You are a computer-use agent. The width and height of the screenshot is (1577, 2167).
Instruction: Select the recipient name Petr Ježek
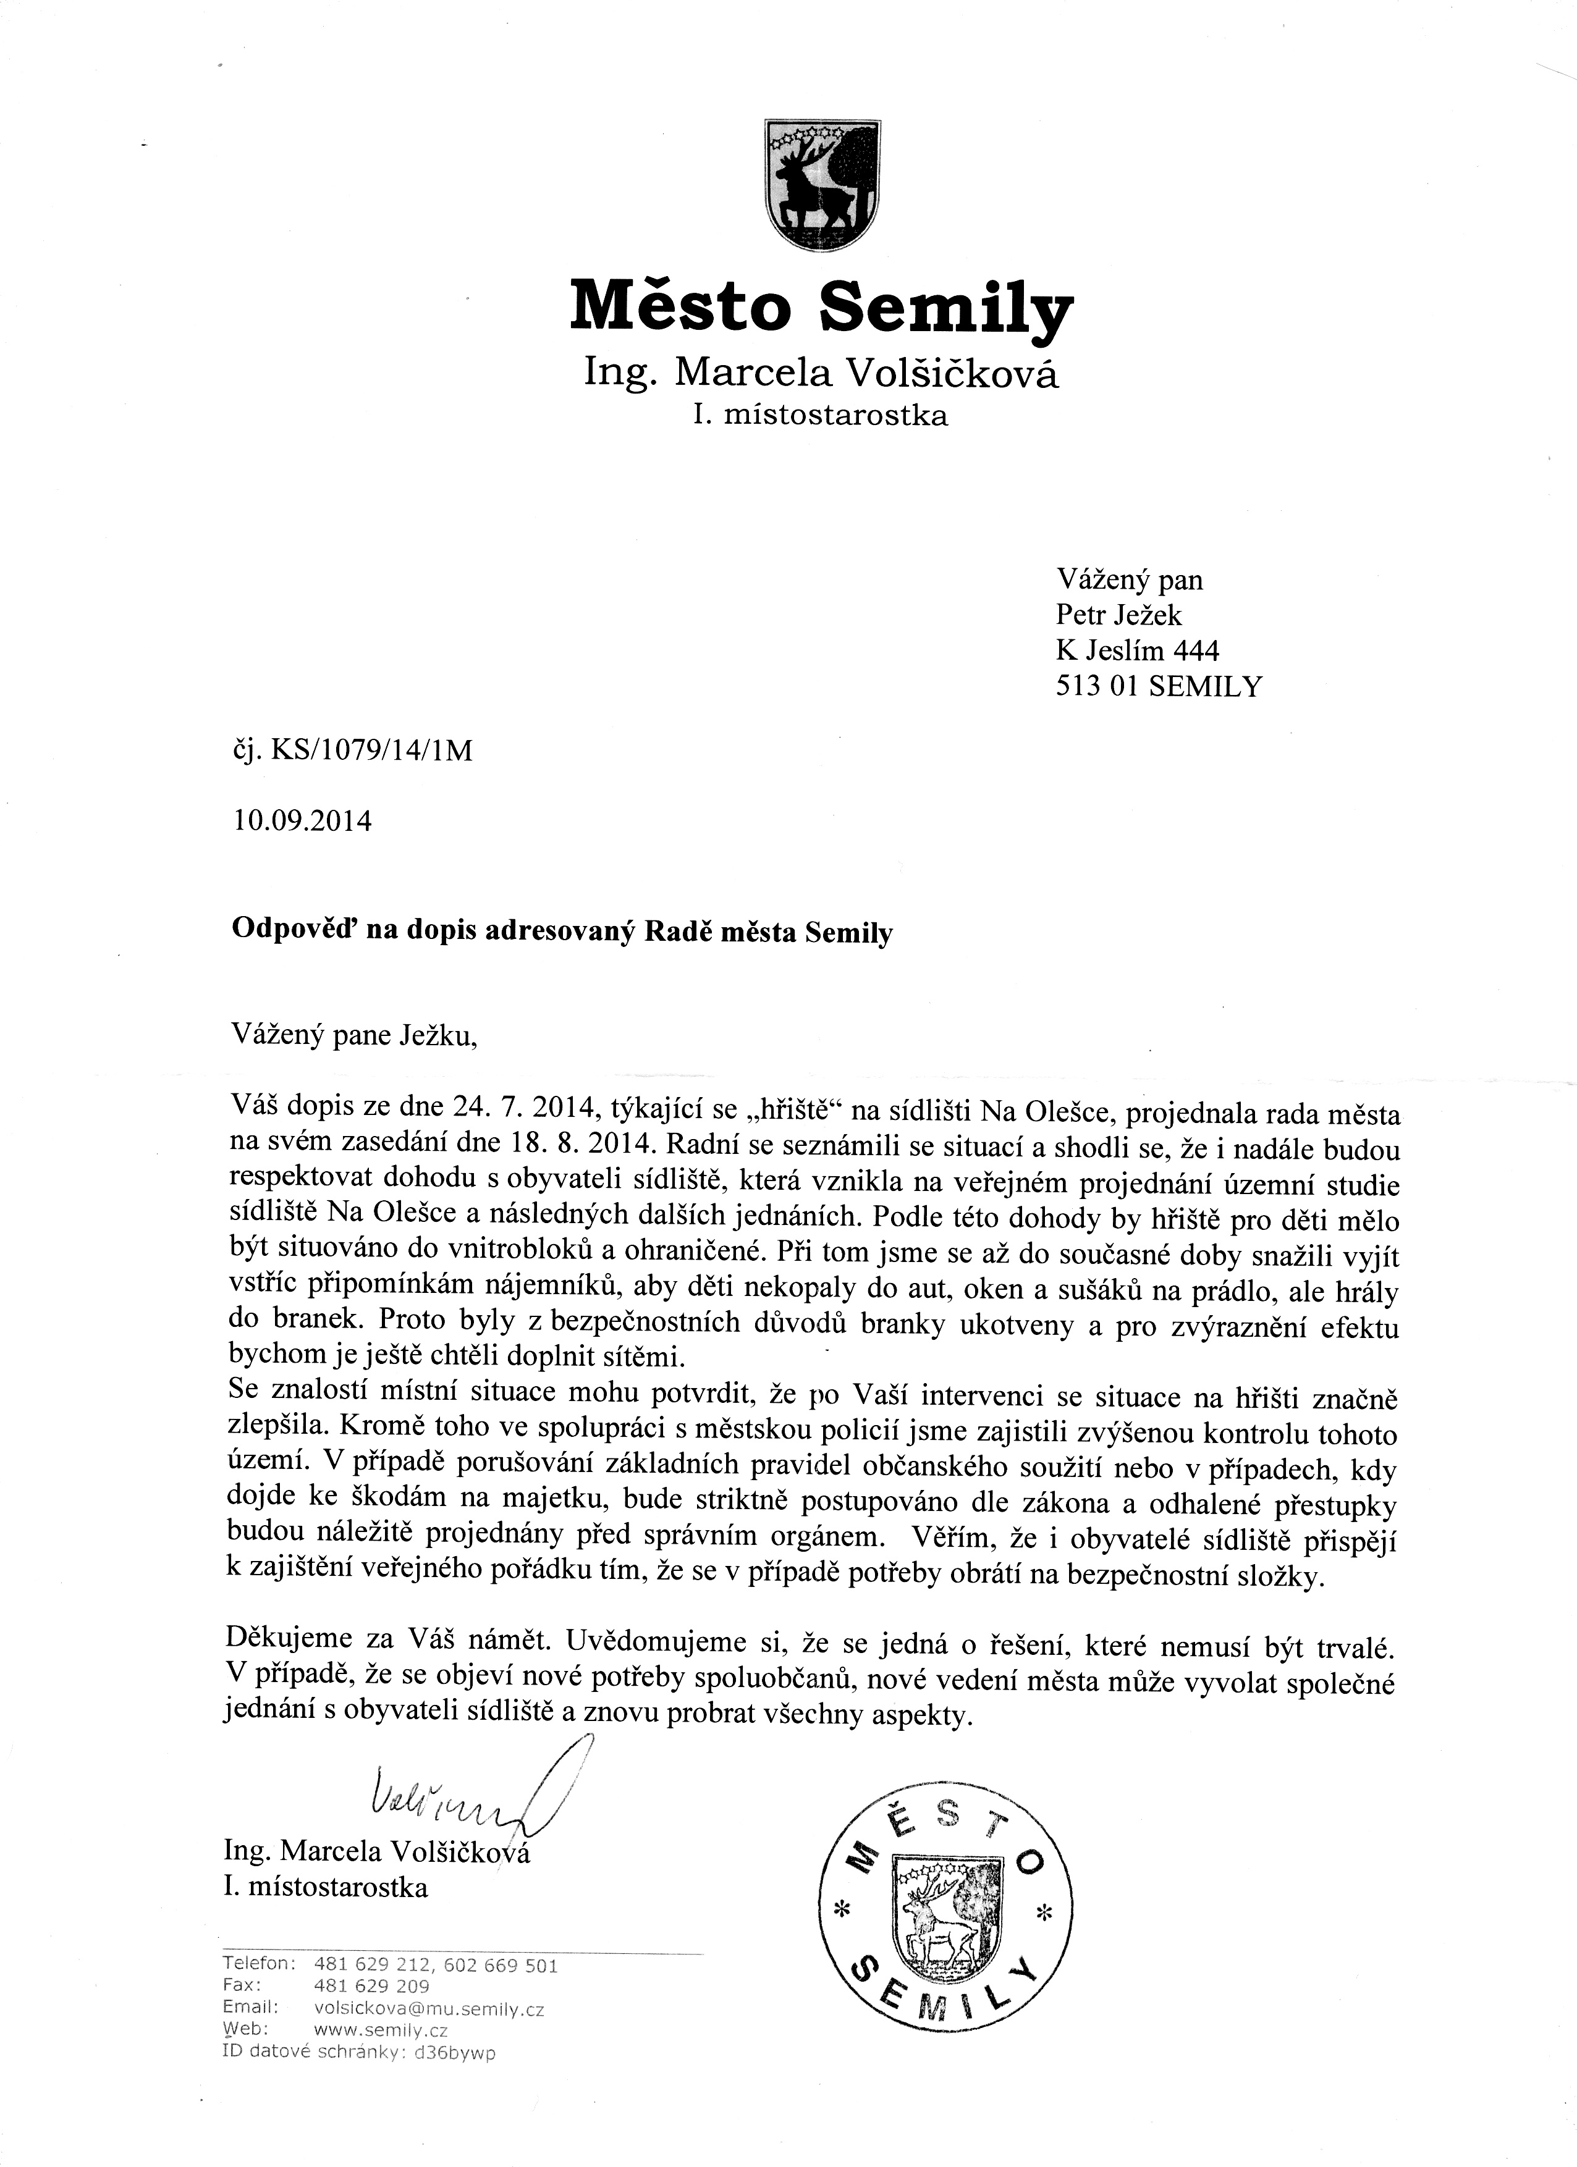tap(1118, 615)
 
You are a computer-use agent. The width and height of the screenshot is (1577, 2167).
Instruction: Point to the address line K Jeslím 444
tap(1138, 650)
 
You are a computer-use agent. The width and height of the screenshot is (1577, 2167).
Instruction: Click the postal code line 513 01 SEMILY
tap(1159, 686)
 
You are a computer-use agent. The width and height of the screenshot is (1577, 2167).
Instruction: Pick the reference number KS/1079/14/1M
tap(372, 752)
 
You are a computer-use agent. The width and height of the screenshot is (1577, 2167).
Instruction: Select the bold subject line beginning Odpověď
tap(562, 932)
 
